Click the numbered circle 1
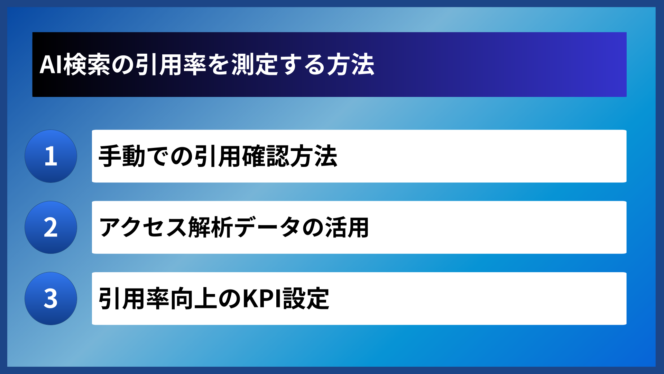(51, 156)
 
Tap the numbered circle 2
(51, 228)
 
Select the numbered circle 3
(51, 299)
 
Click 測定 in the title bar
(255, 65)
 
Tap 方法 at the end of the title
(351, 65)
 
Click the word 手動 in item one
(122, 156)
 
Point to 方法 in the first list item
(314, 156)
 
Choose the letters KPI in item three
(262, 299)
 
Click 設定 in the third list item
(306, 299)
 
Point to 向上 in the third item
(194, 299)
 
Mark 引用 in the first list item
(218, 156)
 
